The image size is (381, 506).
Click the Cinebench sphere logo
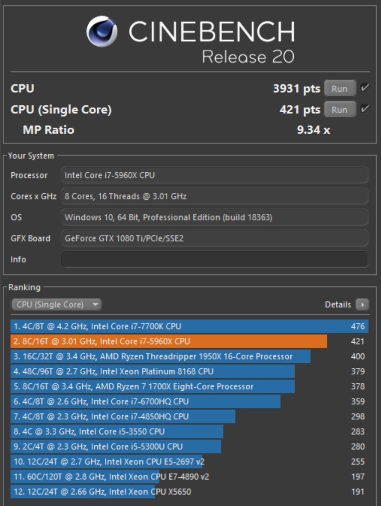(102, 31)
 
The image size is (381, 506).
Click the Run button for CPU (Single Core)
(340, 109)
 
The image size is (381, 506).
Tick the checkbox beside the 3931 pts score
(365, 88)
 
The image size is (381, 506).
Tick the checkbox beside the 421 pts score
(365, 109)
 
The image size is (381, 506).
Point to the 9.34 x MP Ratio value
(313, 130)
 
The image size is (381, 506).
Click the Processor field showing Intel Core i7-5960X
(215, 175)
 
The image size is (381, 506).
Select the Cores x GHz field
(215, 196)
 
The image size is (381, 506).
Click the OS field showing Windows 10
(215, 217)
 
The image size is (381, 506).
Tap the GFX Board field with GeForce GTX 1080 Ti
(215, 238)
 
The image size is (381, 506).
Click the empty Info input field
(215, 259)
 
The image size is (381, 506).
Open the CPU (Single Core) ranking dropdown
(56, 304)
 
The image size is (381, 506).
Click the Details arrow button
(362, 304)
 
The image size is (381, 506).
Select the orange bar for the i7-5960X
(168, 341)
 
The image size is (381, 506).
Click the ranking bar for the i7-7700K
(189, 326)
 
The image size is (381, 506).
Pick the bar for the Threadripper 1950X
(160, 356)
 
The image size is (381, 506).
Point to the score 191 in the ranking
(358, 492)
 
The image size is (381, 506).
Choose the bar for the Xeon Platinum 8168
(152, 371)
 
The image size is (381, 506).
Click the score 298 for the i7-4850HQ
(358, 417)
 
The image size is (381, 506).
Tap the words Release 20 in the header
(248, 57)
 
